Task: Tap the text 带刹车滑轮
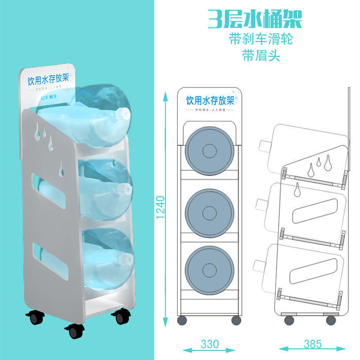[x=260, y=39]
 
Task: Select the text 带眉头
[x=260, y=55]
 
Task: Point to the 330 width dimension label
[x=209, y=344]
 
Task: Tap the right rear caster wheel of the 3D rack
[x=120, y=317]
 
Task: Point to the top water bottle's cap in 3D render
[x=122, y=114]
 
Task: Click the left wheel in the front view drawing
[x=181, y=320]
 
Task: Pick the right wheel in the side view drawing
[x=331, y=320]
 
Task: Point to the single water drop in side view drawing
[x=298, y=190]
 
